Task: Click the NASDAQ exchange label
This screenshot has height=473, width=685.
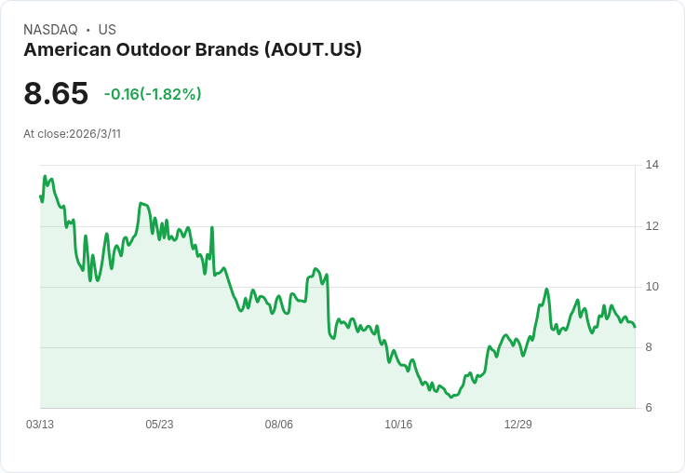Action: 50,30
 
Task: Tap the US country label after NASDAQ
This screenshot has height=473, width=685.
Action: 107,30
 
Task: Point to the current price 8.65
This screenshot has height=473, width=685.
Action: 56,93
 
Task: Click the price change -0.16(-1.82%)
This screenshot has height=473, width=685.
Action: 153,94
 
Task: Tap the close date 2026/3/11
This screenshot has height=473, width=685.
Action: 95,134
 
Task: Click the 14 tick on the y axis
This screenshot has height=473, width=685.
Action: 651,166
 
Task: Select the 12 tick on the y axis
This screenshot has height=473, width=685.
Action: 651,226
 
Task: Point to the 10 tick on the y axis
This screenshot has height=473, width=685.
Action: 651,287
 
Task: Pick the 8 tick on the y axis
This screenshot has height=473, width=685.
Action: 650,347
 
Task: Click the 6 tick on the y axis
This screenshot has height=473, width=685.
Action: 650,408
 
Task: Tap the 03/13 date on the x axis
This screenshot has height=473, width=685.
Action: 40,425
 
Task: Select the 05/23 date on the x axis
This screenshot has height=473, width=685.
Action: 159,425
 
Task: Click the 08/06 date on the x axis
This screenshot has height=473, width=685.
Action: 279,425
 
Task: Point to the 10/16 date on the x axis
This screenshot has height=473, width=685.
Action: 398,425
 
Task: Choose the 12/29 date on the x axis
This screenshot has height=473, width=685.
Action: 517,425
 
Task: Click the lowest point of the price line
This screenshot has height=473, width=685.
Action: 451,397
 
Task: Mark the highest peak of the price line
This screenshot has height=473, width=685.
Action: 45,176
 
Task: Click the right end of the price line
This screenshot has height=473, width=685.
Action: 635,327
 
